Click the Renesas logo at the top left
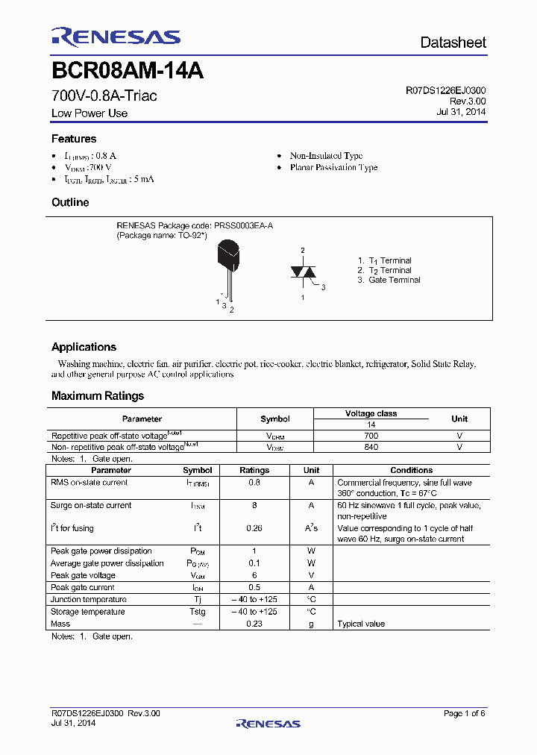[116, 37]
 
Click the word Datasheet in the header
[453, 43]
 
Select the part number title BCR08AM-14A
[128, 72]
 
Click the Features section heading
[74, 139]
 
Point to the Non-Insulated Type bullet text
[326, 156]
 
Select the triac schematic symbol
[303, 273]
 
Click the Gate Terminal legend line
[389, 280]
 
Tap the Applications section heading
[84, 347]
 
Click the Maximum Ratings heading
[98, 396]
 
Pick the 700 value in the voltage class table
[371, 435]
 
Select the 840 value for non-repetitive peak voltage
[371, 447]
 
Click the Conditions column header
[411, 470]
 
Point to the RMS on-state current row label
[89, 483]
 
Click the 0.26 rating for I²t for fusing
[254, 528]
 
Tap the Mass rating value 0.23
[254, 624]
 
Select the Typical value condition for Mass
[361, 624]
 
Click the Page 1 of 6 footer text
[464, 714]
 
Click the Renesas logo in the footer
[268, 723]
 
